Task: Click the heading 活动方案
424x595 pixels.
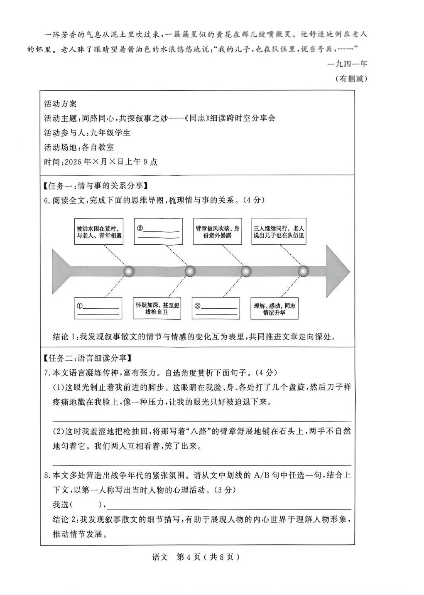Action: tap(60, 104)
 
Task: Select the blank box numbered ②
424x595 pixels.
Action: tap(158, 232)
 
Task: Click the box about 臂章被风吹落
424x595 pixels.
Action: tap(218, 232)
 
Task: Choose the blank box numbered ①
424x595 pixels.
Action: tap(98, 309)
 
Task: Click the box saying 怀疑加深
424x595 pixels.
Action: tap(157, 308)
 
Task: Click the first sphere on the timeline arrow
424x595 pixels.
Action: tap(130, 271)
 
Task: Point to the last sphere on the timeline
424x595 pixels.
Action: tap(304, 271)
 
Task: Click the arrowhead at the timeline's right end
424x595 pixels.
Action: tap(337, 271)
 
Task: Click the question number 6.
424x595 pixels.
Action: tap(47, 200)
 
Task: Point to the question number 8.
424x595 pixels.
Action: tap(47, 475)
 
